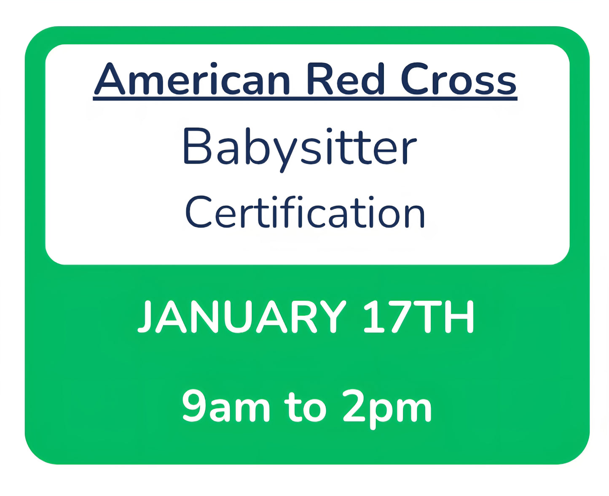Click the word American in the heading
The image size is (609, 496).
[x=192, y=80]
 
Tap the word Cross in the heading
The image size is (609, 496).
[x=458, y=80]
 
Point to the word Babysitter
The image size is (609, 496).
[x=300, y=148]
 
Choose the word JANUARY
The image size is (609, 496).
[x=242, y=317]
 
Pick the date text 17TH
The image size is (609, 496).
[x=418, y=317]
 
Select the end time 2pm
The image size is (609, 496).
[x=387, y=406]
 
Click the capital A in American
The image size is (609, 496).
[x=110, y=80]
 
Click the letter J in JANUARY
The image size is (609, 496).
[x=145, y=317]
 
